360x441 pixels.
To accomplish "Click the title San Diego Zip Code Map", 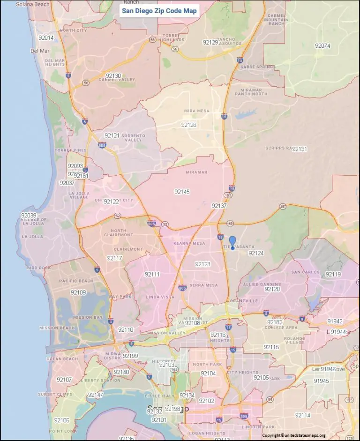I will pyautogui.click(x=159, y=11).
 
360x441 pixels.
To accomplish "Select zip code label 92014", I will pyautogui.click(x=46, y=38).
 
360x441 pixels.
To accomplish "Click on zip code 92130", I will pyautogui.click(x=113, y=75).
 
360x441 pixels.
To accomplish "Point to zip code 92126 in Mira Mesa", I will pyautogui.click(x=188, y=125).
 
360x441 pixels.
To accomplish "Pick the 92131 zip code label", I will pyautogui.click(x=300, y=149).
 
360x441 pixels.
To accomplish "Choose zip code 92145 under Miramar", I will pyautogui.click(x=182, y=192).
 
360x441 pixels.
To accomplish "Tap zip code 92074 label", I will pyautogui.click(x=322, y=46).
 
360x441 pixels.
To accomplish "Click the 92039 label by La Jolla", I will pyautogui.click(x=29, y=215).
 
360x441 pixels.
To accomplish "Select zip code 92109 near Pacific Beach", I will pyautogui.click(x=78, y=292).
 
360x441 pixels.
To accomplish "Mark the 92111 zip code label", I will pyautogui.click(x=152, y=274).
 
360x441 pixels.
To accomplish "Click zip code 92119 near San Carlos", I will pyautogui.click(x=333, y=274).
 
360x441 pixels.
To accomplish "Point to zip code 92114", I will pyautogui.click(x=303, y=415).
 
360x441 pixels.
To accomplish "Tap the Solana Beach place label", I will pyautogui.click(x=32, y=4).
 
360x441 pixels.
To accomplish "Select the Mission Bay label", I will pyautogui.click(x=88, y=317).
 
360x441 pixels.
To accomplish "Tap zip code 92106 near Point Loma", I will pyautogui.click(x=62, y=420).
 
